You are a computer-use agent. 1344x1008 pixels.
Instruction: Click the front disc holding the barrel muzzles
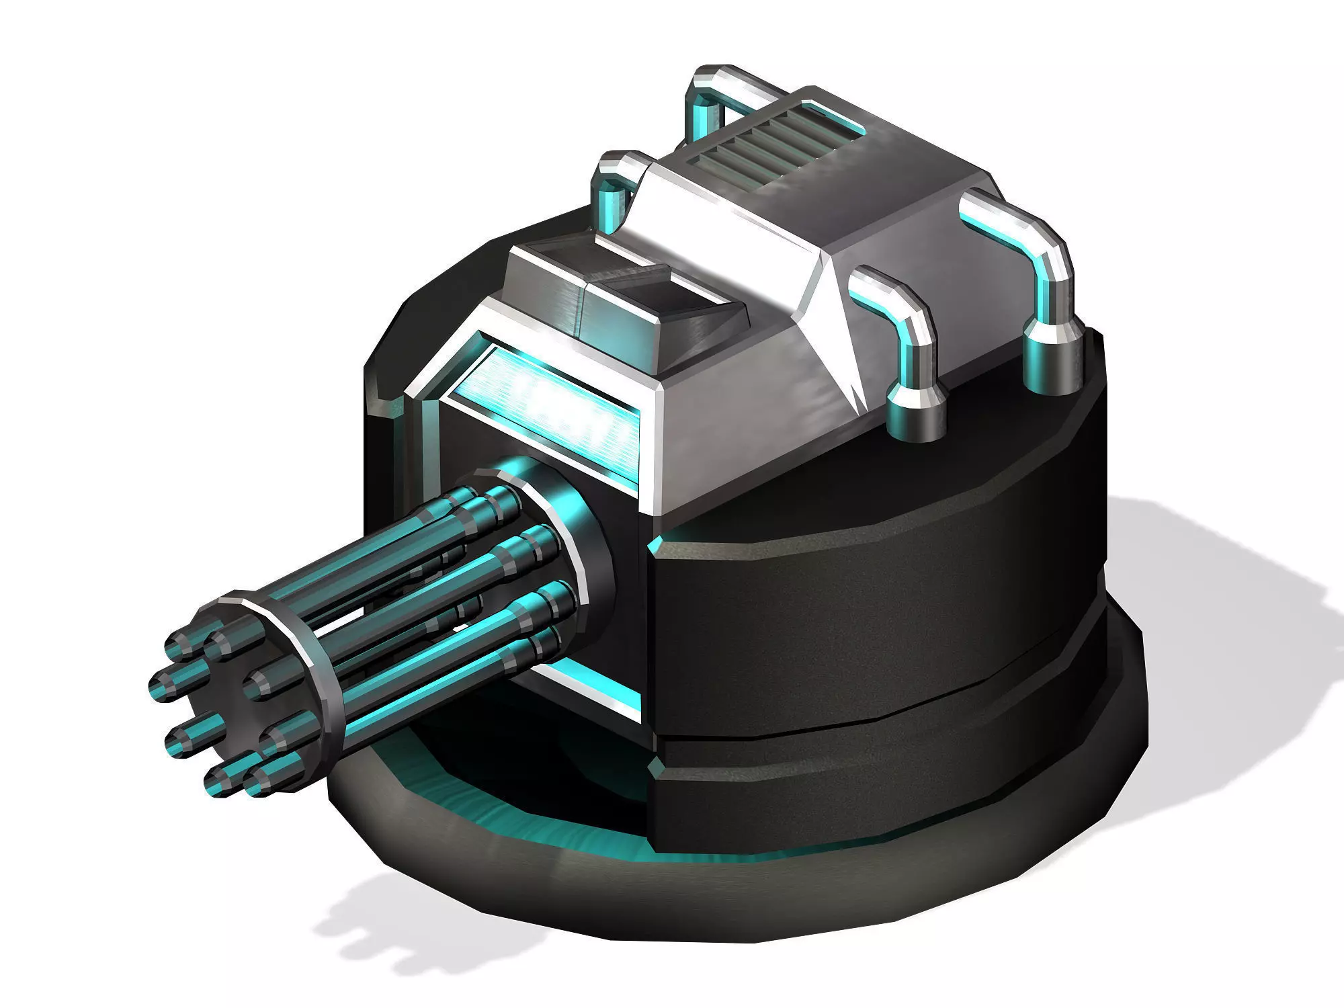click(269, 685)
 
